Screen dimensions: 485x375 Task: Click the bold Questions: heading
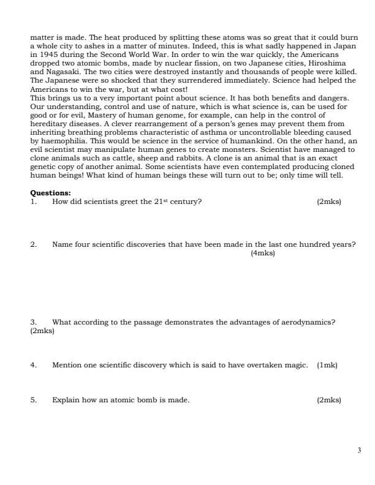(x=50, y=194)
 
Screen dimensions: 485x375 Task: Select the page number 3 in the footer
(x=359, y=450)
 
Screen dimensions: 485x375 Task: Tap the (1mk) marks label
(x=327, y=366)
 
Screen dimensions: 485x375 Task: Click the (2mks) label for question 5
(x=329, y=400)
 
